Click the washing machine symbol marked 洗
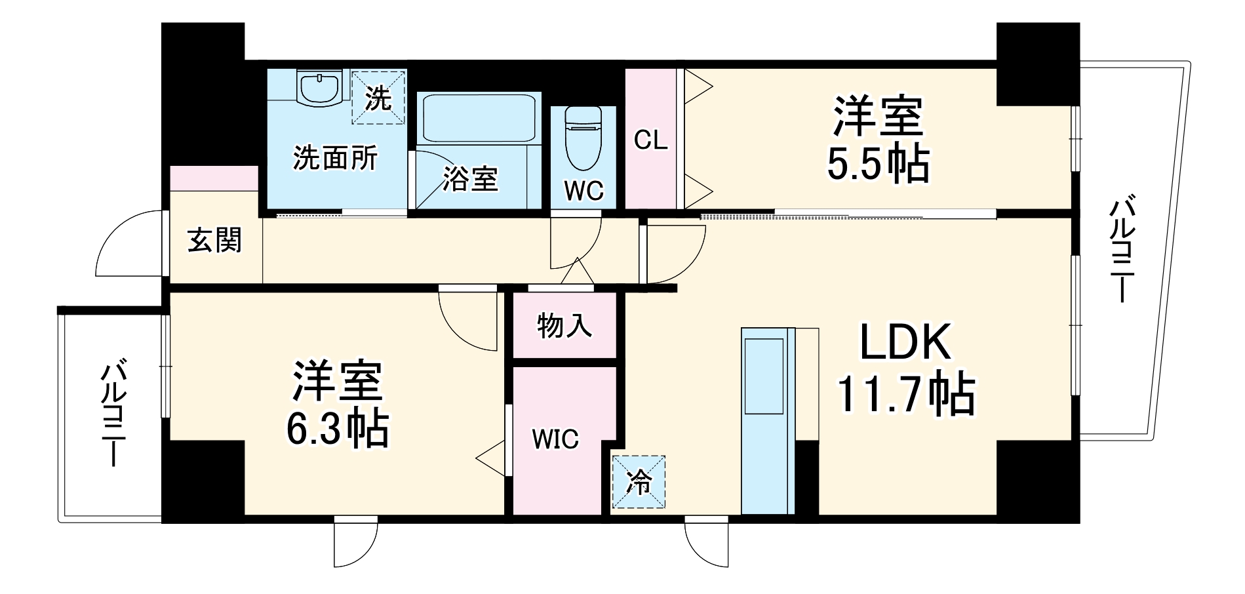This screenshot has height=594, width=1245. click(x=378, y=97)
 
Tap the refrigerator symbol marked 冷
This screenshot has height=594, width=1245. click(x=638, y=483)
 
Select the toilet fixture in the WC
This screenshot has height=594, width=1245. click(x=582, y=137)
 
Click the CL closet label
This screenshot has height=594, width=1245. click(x=650, y=140)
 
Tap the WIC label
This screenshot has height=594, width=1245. click(x=555, y=439)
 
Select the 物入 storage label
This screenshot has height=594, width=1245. click(x=564, y=325)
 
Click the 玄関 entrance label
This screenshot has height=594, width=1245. click(x=214, y=241)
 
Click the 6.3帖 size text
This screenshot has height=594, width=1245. click(x=337, y=429)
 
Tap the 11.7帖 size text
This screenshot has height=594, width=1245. click(x=905, y=395)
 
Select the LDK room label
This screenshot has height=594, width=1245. click(x=905, y=342)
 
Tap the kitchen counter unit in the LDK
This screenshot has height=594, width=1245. click(x=766, y=420)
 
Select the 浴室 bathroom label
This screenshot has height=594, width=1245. click(x=469, y=179)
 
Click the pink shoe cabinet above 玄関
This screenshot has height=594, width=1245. click(x=214, y=178)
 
